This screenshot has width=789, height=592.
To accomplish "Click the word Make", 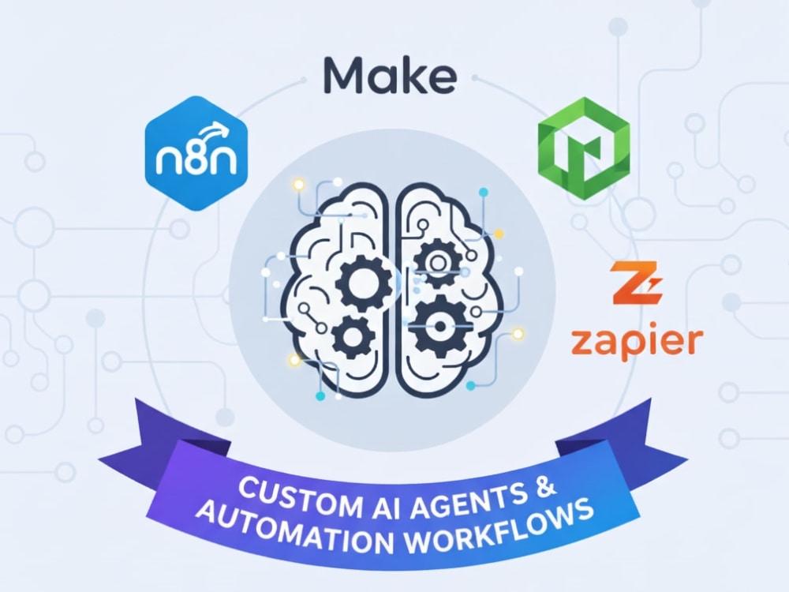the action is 390,76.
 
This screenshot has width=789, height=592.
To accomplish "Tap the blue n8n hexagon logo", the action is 196,153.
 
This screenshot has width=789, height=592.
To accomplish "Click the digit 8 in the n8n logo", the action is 196,159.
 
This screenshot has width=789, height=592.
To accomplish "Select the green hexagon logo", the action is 584,148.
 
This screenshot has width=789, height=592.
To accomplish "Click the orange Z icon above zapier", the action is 635,283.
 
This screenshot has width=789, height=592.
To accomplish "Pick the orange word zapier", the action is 637,343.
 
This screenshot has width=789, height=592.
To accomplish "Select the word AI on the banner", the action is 373,507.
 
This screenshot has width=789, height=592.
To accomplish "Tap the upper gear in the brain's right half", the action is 438,262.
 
